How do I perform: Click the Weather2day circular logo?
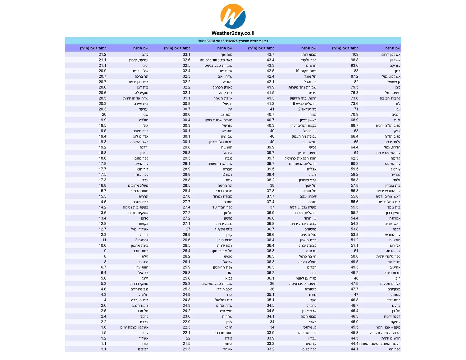(x=233, y=16)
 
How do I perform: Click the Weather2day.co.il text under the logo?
(x=233, y=33)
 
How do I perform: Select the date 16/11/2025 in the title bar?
(x=207, y=41)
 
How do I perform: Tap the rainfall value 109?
(x=355, y=54)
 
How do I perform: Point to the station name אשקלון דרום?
(x=391, y=55)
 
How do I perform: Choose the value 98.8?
(x=354, y=60)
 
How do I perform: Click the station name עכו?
(x=398, y=109)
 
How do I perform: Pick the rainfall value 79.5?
(x=354, y=87)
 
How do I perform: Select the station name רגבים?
(x=396, y=115)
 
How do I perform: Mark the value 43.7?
(x=271, y=54)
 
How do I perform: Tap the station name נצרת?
(x=313, y=294)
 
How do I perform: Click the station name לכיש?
(x=313, y=147)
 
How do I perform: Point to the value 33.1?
(x=186, y=54)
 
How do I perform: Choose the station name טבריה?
(x=227, y=169)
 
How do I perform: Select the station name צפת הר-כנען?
(x=223, y=267)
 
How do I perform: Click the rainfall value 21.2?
(x=103, y=54)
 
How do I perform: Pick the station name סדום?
(x=144, y=218)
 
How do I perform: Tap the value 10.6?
(x=103, y=245)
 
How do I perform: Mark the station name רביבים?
(x=143, y=349)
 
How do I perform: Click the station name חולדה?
(x=144, y=120)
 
